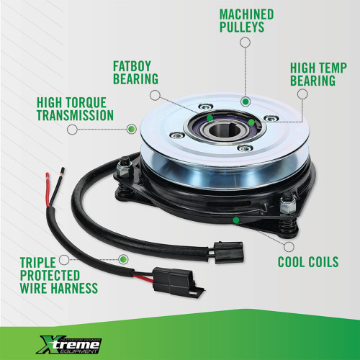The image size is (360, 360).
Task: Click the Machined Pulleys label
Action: (246, 21)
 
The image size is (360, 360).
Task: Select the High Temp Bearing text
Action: (312, 73)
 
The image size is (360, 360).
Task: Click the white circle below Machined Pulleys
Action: (246, 43)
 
